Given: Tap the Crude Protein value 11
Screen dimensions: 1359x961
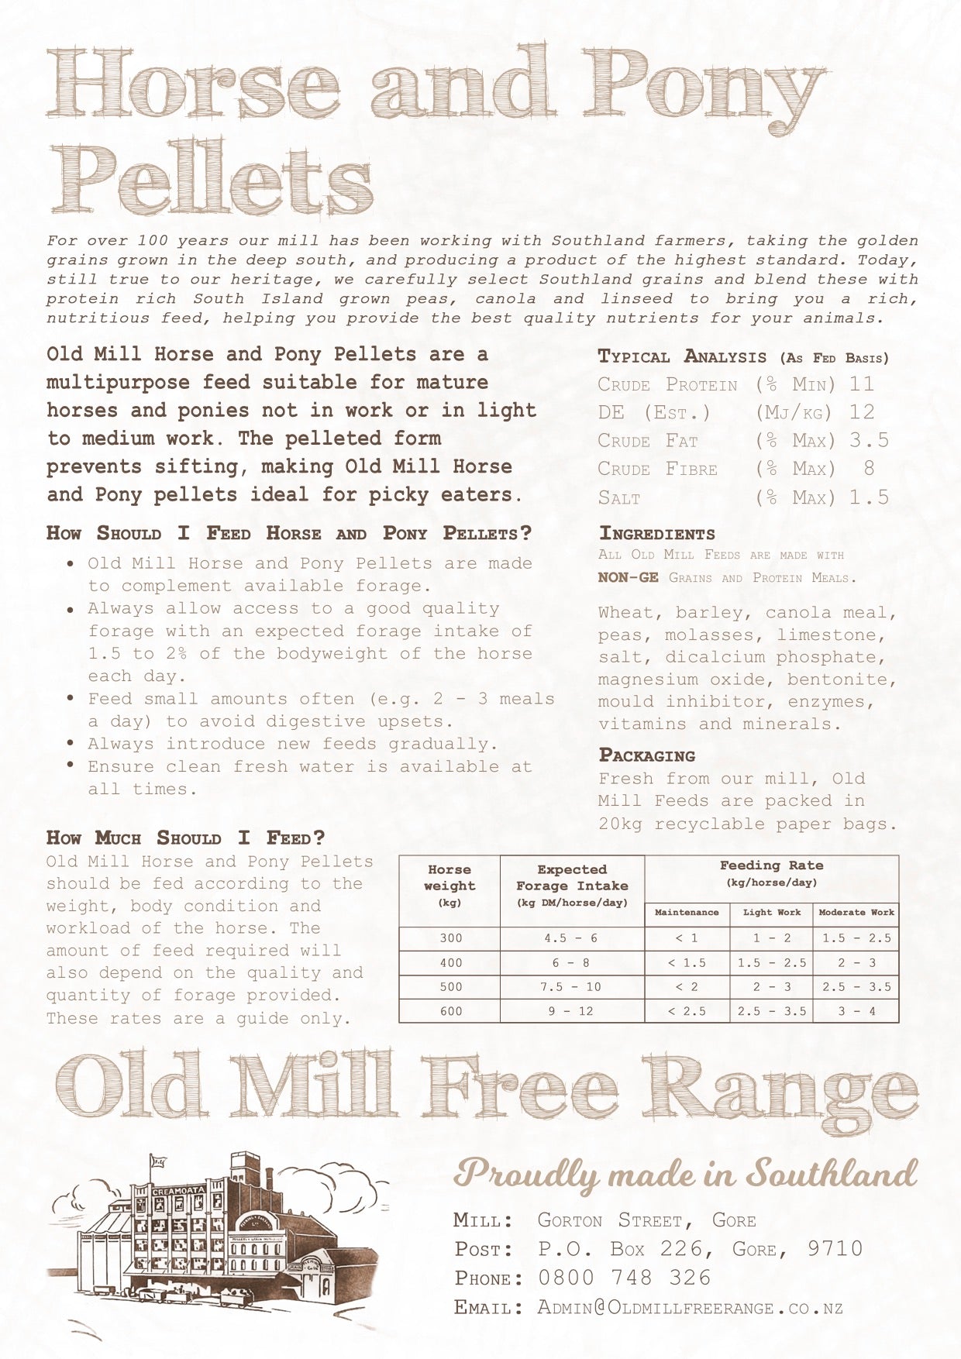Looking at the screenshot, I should [x=861, y=384].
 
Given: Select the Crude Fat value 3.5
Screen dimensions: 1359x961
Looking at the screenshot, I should [x=869, y=441].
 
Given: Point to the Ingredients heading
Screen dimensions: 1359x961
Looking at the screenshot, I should [x=656, y=534].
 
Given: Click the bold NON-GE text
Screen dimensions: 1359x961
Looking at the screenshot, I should [x=628, y=578].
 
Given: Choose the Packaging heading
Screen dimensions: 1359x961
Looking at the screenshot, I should [x=646, y=755].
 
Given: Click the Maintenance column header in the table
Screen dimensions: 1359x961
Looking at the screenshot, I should [x=687, y=913].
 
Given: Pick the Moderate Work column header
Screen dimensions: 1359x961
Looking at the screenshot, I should [x=856, y=913].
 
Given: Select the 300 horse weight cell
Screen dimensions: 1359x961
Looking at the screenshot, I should [x=450, y=938].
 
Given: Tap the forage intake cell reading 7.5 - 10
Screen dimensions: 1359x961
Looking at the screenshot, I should [x=572, y=987].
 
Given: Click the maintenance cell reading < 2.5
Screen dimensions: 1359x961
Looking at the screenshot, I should [x=687, y=1011].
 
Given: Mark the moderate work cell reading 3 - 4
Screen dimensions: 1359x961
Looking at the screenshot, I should [x=856, y=1011].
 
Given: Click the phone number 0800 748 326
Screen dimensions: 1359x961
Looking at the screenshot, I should [x=624, y=1278].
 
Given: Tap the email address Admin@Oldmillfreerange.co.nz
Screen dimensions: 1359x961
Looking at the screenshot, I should [x=690, y=1308].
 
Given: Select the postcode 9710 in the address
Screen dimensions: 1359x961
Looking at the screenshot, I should [x=835, y=1248].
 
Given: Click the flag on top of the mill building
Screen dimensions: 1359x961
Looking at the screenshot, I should [x=159, y=1161].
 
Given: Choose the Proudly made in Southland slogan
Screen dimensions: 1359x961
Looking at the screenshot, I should [x=685, y=1175].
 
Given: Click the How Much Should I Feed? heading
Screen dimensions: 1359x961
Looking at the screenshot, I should [x=186, y=838].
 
